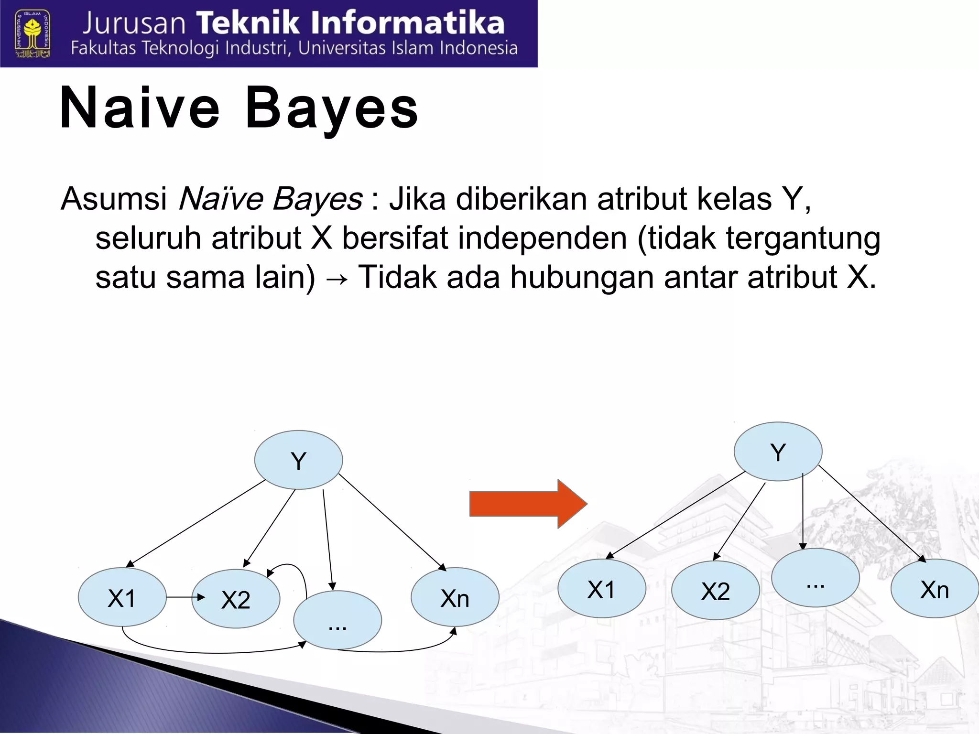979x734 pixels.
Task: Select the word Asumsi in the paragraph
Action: [x=114, y=199]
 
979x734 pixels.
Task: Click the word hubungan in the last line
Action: [x=581, y=277]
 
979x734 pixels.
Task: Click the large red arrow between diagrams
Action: [x=528, y=504]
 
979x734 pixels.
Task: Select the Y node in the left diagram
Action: [x=298, y=460]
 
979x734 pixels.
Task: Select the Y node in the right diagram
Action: [x=778, y=452]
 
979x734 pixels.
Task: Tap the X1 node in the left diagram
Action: [x=122, y=597]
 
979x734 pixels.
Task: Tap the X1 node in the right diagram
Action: [x=601, y=589]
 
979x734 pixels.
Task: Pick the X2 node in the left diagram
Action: [x=236, y=599]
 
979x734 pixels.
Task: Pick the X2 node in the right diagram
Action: [x=715, y=591]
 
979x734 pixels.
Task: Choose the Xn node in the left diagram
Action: [x=455, y=597]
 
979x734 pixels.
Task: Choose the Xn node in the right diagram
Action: [x=934, y=589]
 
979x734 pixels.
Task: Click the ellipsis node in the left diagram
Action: [x=337, y=620]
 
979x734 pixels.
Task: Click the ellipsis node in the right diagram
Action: [x=816, y=578]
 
